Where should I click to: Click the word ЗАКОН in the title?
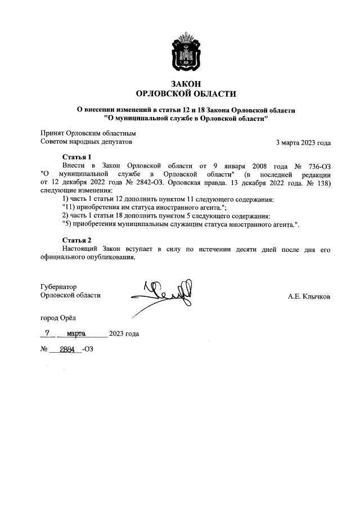(x=186, y=83)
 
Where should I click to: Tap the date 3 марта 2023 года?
(x=303, y=142)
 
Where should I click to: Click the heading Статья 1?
(x=76, y=156)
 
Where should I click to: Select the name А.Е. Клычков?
(x=309, y=296)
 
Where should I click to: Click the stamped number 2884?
(x=67, y=348)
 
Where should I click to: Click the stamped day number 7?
(x=48, y=333)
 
